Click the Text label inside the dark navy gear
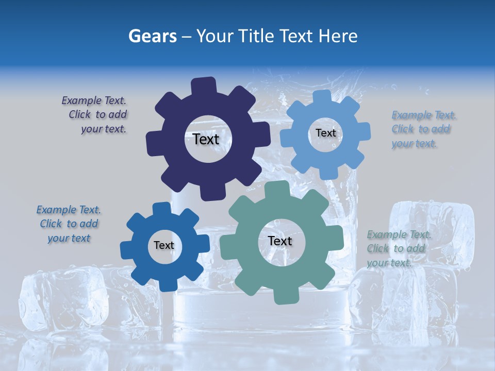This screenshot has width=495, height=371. [x=206, y=139]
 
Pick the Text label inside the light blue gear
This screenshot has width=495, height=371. [x=325, y=133]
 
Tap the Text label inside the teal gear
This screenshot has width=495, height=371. [x=280, y=241]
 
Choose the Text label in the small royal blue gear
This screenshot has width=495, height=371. [x=164, y=246]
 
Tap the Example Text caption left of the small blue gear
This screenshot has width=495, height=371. [x=69, y=224]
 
